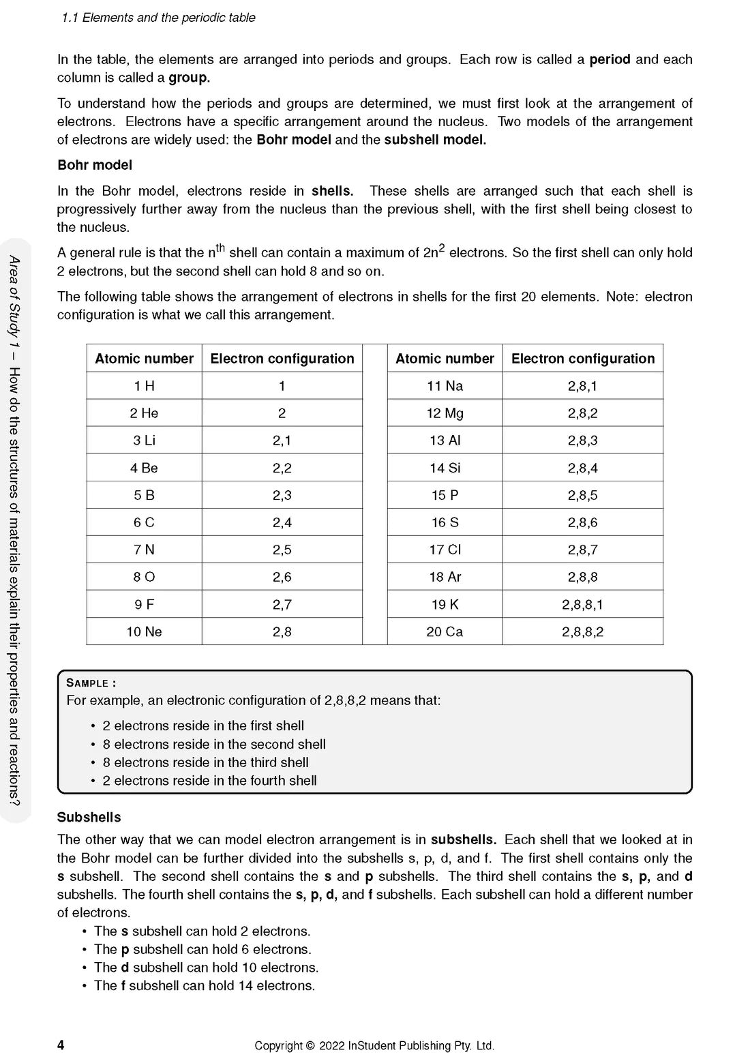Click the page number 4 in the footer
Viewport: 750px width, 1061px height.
[x=61, y=1045]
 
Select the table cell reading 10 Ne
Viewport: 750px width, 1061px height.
[x=144, y=632]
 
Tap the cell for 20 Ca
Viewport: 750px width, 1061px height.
[x=445, y=632]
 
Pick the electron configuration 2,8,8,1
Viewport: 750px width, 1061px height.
[x=582, y=605]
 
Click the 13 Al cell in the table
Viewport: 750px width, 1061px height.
[x=445, y=440]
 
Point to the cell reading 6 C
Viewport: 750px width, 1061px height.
[x=144, y=522]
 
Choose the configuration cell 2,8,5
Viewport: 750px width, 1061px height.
[x=582, y=495]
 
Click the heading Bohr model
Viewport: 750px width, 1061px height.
[x=95, y=165]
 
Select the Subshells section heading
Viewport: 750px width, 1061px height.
[x=89, y=817]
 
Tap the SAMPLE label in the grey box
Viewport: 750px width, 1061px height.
[x=91, y=683]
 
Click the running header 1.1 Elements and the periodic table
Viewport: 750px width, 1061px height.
[x=158, y=18]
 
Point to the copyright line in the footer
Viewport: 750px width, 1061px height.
[x=374, y=1045]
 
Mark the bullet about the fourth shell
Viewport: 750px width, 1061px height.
[x=209, y=781]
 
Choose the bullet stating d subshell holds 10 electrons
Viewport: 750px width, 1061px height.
[x=206, y=968]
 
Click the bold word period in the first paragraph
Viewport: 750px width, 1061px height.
[x=610, y=59]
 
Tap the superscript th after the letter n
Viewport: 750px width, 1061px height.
[x=220, y=248]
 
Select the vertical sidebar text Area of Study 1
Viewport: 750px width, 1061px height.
[x=14, y=300]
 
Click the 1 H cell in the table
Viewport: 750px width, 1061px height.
[x=144, y=386]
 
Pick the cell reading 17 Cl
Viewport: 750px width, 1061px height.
[x=445, y=550]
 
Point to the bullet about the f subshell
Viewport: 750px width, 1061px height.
[x=205, y=986]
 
